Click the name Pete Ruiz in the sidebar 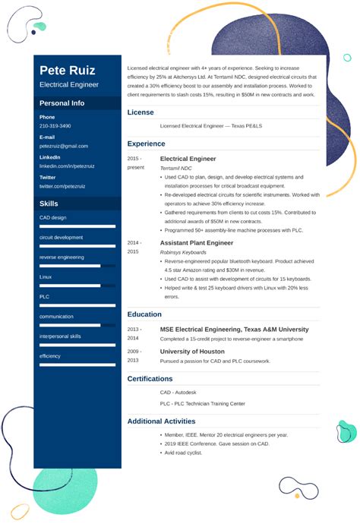68,71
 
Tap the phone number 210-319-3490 55,126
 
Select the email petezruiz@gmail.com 63,146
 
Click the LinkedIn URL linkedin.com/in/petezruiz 68,166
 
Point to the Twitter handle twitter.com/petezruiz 62,185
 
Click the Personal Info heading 62,103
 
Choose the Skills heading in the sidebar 49,204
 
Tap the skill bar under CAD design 77,226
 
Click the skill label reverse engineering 62,257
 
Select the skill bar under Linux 70,286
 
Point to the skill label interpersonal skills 60,336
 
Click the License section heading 141,112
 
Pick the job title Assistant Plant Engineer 197,243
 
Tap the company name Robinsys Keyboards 183,252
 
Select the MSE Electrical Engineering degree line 234,330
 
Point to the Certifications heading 150,378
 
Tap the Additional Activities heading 161,421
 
